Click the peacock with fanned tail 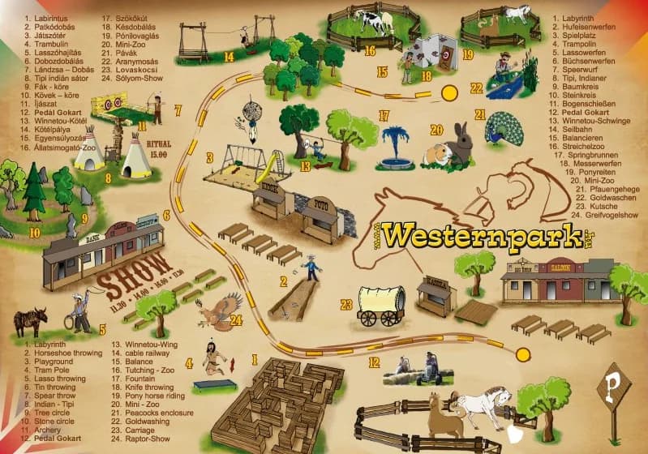click(x=504, y=129)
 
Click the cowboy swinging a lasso click(x=79, y=313)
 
